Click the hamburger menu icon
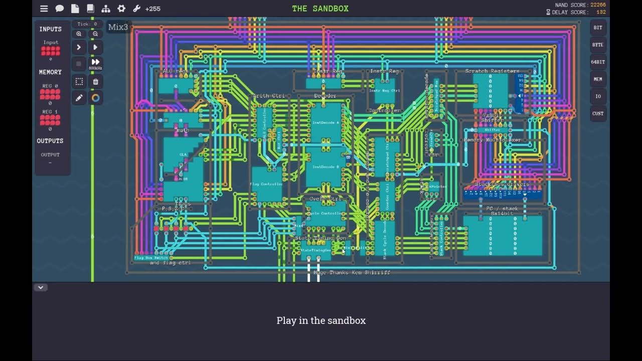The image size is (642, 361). point(44,9)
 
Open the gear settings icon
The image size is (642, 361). point(121,9)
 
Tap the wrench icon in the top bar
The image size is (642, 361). point(136,9)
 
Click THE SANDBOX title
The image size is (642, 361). point(320,9)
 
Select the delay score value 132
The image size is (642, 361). point(600,12)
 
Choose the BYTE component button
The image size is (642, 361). point(598,45)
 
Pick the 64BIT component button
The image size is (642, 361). point(598,62)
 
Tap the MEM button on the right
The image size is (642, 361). point(598,79)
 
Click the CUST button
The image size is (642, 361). point(598,113)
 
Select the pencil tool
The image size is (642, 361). point(79,98)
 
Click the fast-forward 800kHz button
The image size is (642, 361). point(95,64)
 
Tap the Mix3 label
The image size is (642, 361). point(118,27)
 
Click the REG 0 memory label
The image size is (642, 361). point(50,86)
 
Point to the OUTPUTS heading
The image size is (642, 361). point(50,141)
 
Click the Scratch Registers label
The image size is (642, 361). point(492,71)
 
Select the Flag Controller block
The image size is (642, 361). point(266,185)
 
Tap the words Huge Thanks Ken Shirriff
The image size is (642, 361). point(352,272)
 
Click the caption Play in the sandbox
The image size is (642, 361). point(321,320)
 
